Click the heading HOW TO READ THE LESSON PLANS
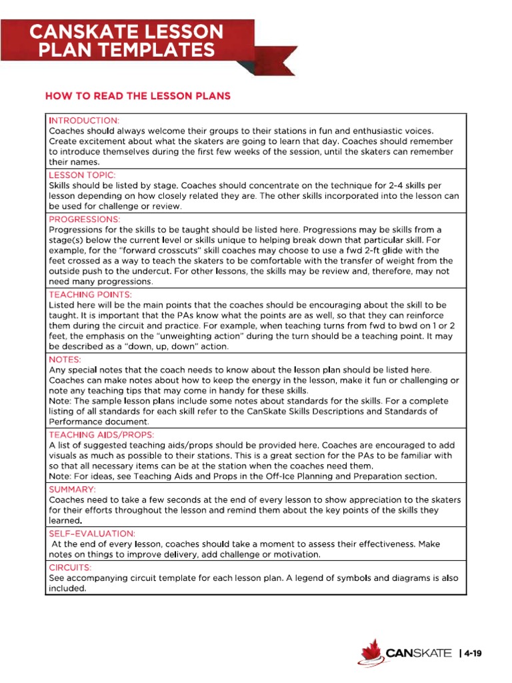137,96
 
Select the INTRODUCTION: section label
84,120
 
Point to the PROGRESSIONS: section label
85,219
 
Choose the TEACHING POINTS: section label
90,293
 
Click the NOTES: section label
65,359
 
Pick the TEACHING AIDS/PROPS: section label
101,434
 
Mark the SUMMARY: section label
71,488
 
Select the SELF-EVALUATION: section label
92,534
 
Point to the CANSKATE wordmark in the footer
418,653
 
